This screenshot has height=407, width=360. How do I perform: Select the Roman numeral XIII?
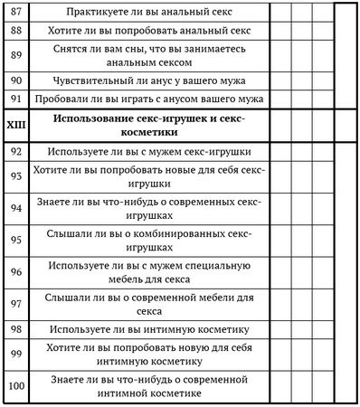click(x=15, y=125)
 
